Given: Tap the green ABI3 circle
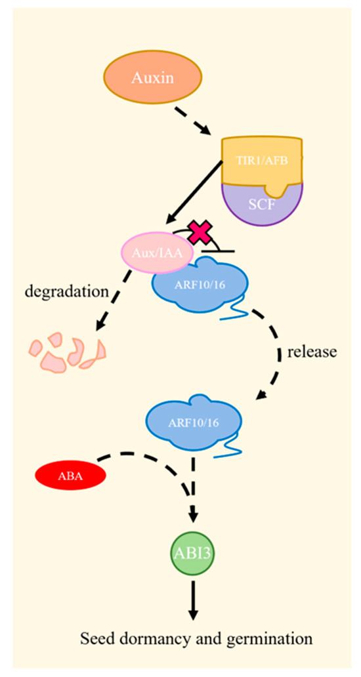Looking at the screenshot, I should coord(192,553).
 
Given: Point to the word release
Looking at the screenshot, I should coord(311,352).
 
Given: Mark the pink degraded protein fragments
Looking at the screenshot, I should coord(66,353).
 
